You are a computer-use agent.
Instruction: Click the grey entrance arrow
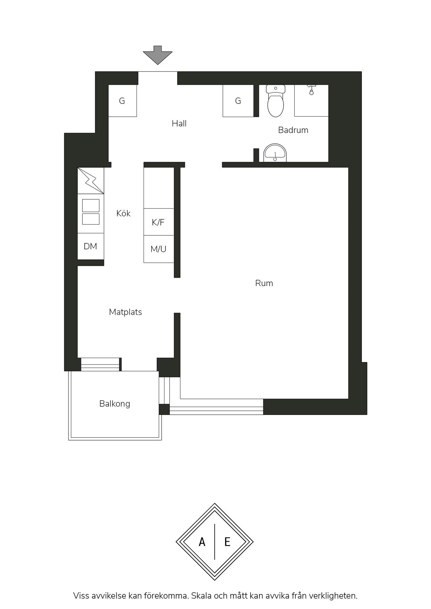pyautogui.click(x=157, y=55)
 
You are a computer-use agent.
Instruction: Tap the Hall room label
pyautogui.click(x=179, y=123)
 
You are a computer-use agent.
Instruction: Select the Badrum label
pyautogui.click(x=293, y=130)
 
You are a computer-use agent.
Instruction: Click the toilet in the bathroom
pyautogui.click(x=276, y=101)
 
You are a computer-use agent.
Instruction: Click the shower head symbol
pyautogui.click(x=311, y=90)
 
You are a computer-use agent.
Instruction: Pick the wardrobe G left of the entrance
pyautogui.click(x=122, y=101)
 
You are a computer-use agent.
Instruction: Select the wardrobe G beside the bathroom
pyautogui.click(x=238, y=101)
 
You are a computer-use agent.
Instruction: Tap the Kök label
pyautogui.click(x=123, y=213)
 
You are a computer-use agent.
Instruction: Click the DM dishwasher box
pyautogui.click(x=91, y=246)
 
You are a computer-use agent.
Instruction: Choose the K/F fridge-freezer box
pyautogui.click(x=158, y=222)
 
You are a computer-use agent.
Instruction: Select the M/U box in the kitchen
pyautogui.click(x=158, y=249)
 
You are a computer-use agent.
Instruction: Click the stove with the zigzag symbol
pyautogui.click(x=91, y=181)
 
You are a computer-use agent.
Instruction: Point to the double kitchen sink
pyautogui.click(x=91, y=212)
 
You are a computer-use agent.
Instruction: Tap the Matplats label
pyautogui.click(x=125, y=312)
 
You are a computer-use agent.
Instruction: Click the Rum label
pyautogui.click(x=264, y=283)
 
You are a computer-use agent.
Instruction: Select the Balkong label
pyautogui.click(x=115, y=403)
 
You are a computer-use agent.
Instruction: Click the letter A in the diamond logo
pyautogui.click(x=202, y=542)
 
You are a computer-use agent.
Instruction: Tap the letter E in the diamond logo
pyautogui.click(x=227, y=542)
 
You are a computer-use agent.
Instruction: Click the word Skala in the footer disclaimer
pyautogui.click(x=201, y=596)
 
